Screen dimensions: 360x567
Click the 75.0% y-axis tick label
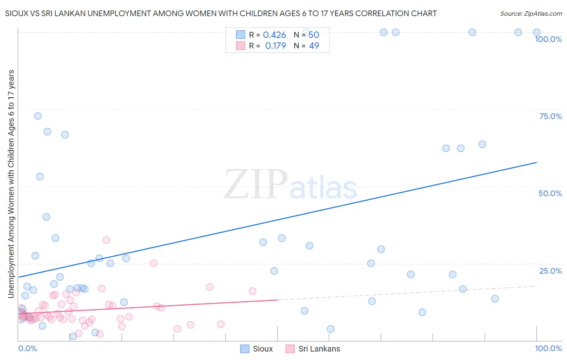pos(550,116)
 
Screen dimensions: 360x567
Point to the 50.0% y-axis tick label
pos(550,193)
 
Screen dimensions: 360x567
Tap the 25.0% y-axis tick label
pos(550,271)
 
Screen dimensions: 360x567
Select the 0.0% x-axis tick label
pos(27,348)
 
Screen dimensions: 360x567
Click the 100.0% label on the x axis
pos(548,348)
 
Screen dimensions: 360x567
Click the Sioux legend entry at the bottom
pos(256,349)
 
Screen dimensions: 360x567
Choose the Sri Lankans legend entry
pos(313,349)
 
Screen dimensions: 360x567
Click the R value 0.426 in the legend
pos(274,35)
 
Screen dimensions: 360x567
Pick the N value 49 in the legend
pos(314,46)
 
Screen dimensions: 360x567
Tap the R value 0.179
pos(275,46)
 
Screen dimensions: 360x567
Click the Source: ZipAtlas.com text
pos(531,14)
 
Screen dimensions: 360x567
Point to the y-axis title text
pos(11,184)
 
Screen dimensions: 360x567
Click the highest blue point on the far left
pos(38,116)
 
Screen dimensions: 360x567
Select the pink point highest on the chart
pos(106,240)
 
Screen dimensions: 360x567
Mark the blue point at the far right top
pos(537,32)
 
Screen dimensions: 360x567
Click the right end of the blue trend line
pos(536,162)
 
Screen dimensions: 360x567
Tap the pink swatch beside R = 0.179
pos(240,46)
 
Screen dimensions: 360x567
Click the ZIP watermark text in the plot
pos(256,184)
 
